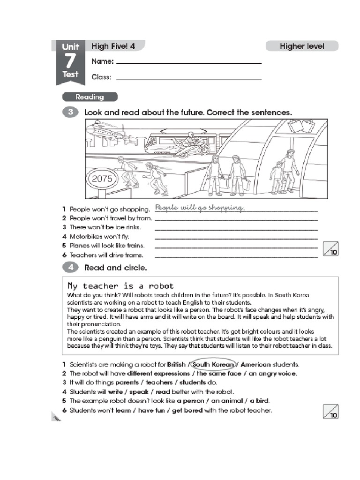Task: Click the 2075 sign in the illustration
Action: click(102, 178)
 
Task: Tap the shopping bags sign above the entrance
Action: click(301, 126)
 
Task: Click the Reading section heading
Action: click(90, 97)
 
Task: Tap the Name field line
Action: click(189, 63)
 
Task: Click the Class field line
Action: click(189, 78)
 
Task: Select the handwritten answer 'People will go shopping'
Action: click(200, 208)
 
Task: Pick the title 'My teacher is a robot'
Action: click(120, 285)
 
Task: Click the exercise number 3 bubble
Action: click(70, 112)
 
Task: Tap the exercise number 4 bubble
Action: click(70, 268)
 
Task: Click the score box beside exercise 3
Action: click(331, 250)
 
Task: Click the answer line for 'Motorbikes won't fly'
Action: click(236, 238)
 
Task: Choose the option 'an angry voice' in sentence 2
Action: click(273, 374)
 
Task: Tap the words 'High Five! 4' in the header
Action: click(113, 46)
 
